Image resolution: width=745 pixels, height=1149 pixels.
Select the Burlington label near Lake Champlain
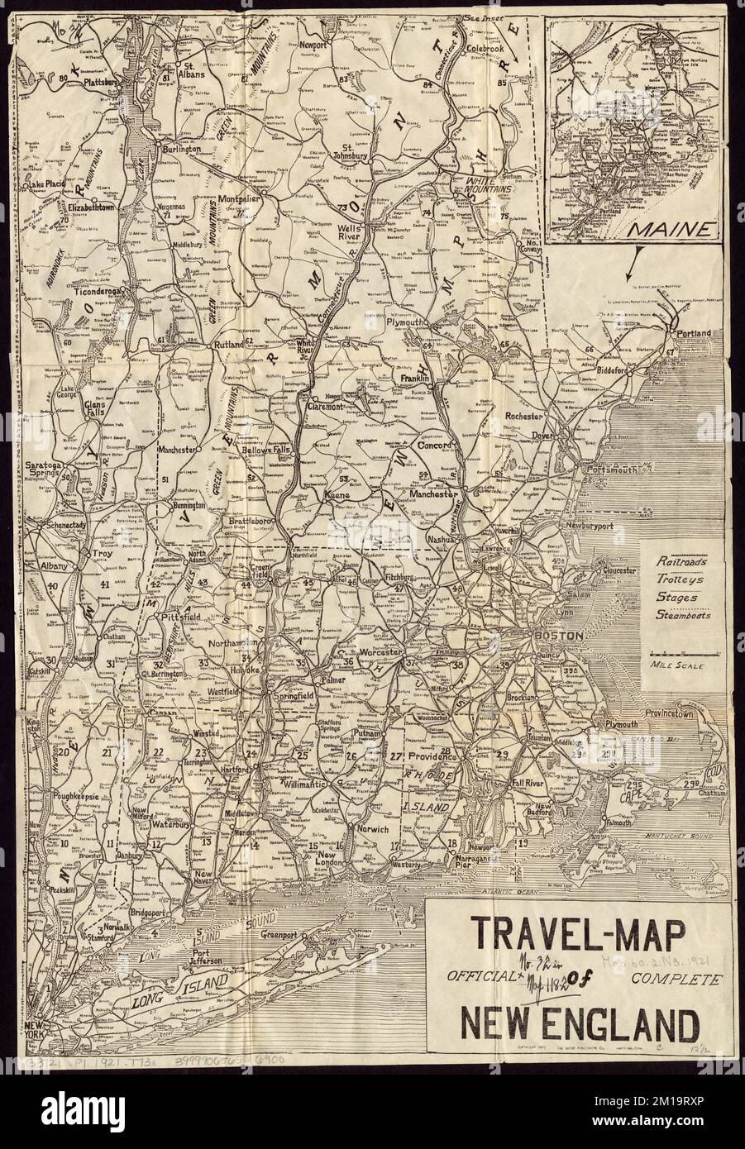point(180,150)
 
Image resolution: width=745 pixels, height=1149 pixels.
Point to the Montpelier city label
point(237,200)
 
